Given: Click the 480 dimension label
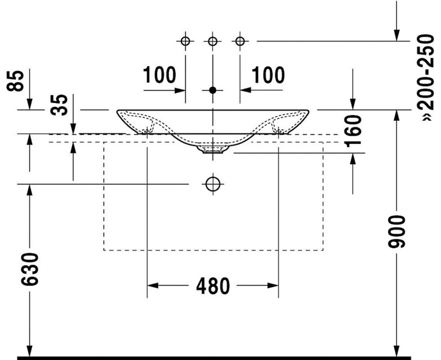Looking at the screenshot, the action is click(213, 286).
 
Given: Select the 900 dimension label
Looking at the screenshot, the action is click(396, 232).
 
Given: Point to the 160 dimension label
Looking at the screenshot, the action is click(353, 131).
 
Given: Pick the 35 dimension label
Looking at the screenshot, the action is click(59, 105).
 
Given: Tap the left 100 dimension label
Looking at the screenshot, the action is click(159, 75).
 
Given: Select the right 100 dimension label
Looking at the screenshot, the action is click(268, 75).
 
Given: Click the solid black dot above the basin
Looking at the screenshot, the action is click(213, 91).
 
